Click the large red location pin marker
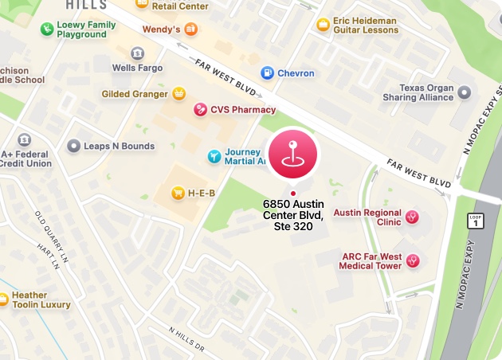coord(292,155)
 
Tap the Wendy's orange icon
coord(190,29)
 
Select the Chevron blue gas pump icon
coord(268,73)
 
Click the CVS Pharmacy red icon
coord(200,110)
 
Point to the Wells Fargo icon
coord(138,54)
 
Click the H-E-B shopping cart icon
coord(178,193)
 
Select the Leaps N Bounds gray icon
coord(74,147)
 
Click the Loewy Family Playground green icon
coord(47,30)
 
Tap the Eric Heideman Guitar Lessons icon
coord(323,25)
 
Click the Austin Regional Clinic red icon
coord(413,216)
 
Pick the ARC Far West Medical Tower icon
coord(413,260)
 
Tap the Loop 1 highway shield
coord(476,221)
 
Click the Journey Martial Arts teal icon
coord(214,156)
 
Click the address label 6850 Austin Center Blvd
coord(293,215)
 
